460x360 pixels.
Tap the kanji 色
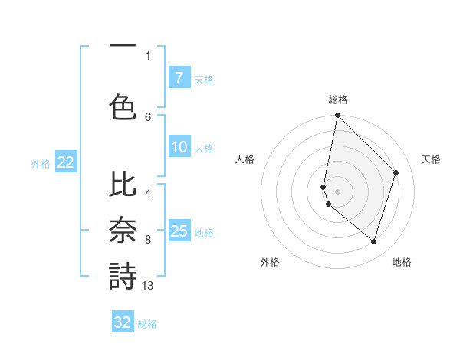pyautogui.click(x=123, y=107)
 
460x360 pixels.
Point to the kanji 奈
pyautogui.click(x=123, y=231)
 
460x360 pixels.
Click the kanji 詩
pyautogui.click(x=123, y=277)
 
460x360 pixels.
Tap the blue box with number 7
pyautogui.click(x=179, y=77)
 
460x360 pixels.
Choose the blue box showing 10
pyautogui.click(x=179, y=147)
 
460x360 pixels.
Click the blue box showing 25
pyautogui.click(x=179, y=231)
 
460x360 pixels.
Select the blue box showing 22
pyautogui.click(x=65, y=162)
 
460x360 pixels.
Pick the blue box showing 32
pyautogui.click(x=123, y=322)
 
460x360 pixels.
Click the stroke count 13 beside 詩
pyautogui.click(x=148, y=286)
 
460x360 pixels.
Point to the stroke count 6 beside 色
pyautogui.click(x=148, y=116)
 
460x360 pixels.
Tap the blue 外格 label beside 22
pyautogui.click(x=41, y=163)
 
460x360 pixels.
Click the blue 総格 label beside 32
pyautogui.click(x=147, y=323)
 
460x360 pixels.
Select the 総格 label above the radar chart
pyautogui.click(x=337, y=100)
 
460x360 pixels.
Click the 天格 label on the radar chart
pyautogui.click(x=431, y=159)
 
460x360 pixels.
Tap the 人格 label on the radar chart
pyautogui.click(x=245, y=159)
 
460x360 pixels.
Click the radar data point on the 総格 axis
pyautogui.click(x=337, y=116)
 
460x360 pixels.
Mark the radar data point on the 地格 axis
pyautogui.click(x=373, y=241)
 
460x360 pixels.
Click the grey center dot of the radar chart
pyautogui.click(x=337, y=191)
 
